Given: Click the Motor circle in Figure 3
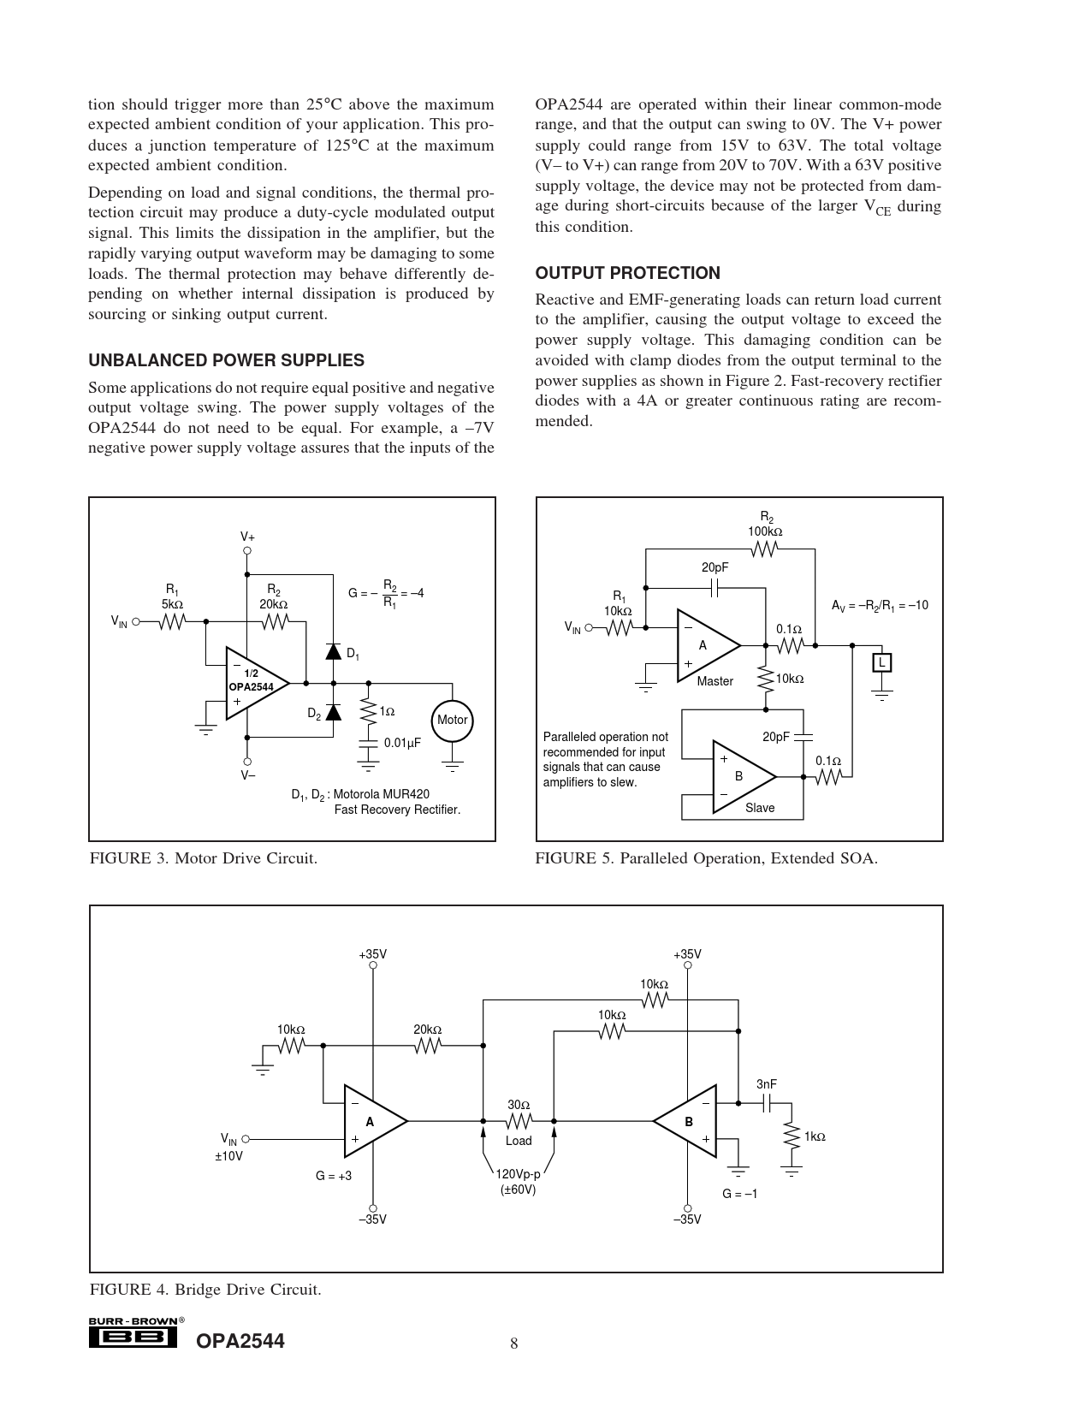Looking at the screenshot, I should pos(452,720).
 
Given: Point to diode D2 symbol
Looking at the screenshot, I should pos(334,712).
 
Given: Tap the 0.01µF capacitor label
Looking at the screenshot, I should pos(401,743).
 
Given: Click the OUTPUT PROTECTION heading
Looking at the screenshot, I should pos(627,273).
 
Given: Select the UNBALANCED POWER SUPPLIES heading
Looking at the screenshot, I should pos(226,360).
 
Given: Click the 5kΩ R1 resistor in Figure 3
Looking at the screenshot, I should pos(172,623).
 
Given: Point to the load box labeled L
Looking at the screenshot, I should pos(881,662).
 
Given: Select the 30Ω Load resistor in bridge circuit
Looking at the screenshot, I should pos(519,1120).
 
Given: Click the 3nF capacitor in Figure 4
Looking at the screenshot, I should pos(768,1104).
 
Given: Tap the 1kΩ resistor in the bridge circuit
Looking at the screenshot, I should pos(791,1137).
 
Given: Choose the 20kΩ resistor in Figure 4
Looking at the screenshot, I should pos(427,1045).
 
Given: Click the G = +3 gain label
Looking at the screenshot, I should pos(334,1176).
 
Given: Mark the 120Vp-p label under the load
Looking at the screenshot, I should pos(518,1175).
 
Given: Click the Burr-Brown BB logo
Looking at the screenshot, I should pos(133,1337).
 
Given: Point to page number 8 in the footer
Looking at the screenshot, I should pos(514,1344).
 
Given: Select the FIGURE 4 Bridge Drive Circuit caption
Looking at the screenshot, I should pos(205,1289).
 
